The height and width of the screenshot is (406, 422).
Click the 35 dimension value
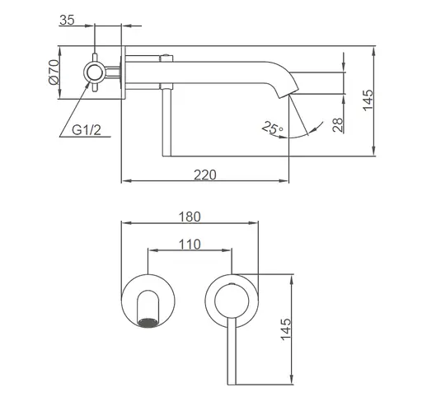click(x=67, y=20)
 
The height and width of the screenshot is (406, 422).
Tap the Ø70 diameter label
click(x=54, y=72)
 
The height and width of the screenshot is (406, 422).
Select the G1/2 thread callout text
click(x=87, y=129)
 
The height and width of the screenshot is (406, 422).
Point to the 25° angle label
click(x=272, y=128)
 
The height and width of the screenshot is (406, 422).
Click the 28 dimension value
click(x=338, y=125)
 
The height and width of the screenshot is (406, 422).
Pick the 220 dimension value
click(x=205, y=175)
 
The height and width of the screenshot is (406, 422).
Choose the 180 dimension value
click(x=190, y=217)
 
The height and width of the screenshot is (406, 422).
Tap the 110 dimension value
click(x=190, y=244)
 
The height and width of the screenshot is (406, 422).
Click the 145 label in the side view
click(x=368, y=100)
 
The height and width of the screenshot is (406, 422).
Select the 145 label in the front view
click(x=286, y=329)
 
